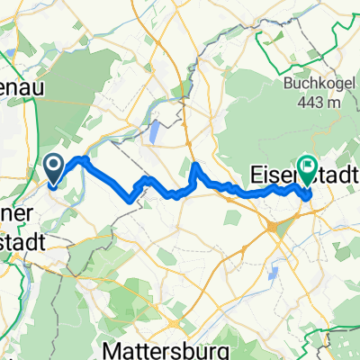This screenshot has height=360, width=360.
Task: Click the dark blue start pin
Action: pyautogui.click(x=54, y=169)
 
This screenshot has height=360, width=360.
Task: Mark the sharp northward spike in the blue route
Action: pyautogui.click(x=196, y=166)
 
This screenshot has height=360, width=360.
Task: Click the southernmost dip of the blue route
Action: pyautogui.click(x=135, y=200)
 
